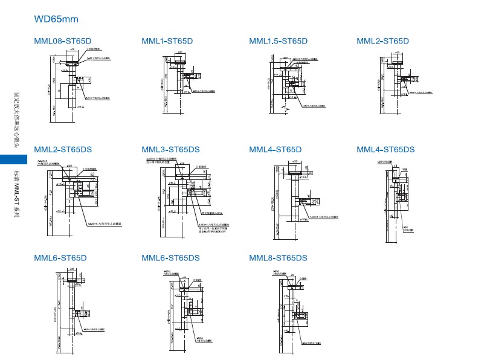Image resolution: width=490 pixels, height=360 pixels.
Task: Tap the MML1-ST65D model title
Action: pos(167,41)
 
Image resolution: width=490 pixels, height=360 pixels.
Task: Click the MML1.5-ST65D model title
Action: pos(278,41)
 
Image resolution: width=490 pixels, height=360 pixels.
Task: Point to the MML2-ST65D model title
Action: pos(382,41)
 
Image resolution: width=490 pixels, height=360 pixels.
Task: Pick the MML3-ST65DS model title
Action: pos(170,149)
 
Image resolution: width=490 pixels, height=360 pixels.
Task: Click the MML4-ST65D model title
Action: pos(275,149)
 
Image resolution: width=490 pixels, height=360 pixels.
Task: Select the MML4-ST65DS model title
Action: pos(385,149)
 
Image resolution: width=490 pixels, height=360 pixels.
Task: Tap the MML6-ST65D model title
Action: pos(60,258)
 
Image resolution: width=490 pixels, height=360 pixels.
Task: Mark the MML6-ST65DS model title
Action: pos(170,258)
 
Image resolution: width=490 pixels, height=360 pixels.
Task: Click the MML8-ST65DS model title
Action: pos(278,258)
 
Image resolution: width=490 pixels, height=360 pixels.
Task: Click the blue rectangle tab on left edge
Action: pos(13,159)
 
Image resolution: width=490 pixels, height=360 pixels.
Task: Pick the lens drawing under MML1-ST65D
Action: pos(181,81)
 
